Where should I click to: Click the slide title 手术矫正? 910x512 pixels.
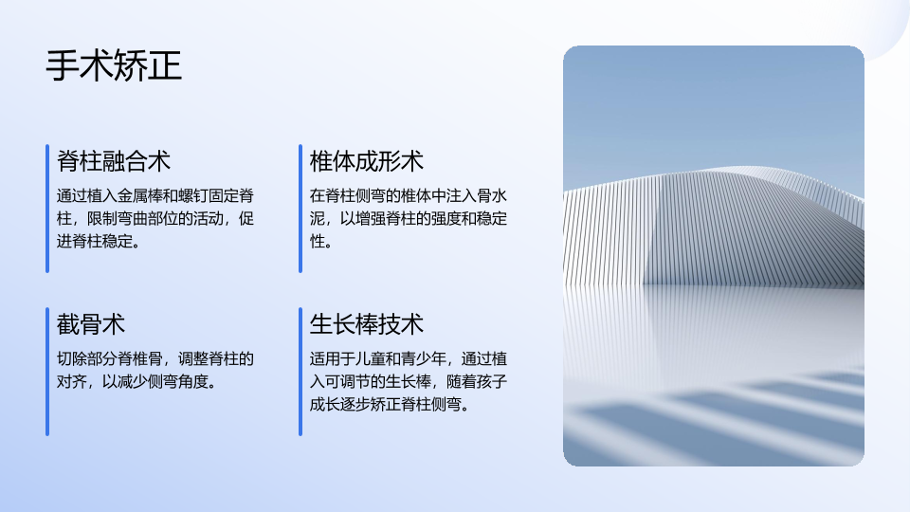[x=114, y=65]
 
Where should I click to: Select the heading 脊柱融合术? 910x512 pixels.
[x=114, y=161]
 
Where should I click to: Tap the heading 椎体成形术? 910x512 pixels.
[x=367, y=161]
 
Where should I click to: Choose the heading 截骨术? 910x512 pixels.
[x=91, y=324]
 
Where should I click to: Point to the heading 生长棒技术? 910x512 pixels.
[x=367, y=324]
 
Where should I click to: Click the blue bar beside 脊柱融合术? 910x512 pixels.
[x=47, y=209]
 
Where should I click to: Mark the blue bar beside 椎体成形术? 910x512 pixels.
[x=300, y=209]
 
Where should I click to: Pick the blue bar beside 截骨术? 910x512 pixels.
[x=47, y=372]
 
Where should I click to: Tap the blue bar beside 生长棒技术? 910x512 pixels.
[x=300, y=372]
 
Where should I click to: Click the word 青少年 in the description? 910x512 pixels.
[x=424, y=358]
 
